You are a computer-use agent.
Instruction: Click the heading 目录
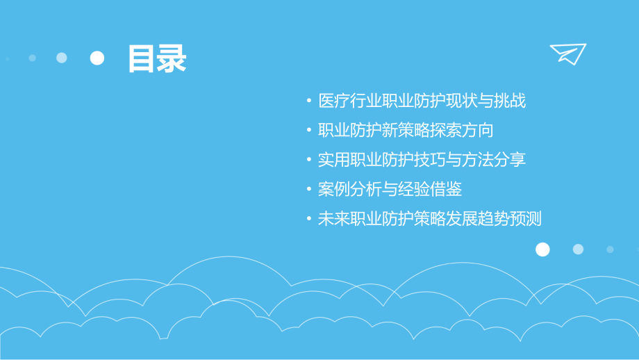[x=156, y=59]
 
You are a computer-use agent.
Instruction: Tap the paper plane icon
[x=567, y=54]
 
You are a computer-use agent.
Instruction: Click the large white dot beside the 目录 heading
[x=97, y=58]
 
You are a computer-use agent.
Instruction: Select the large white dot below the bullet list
[x=542, y=249]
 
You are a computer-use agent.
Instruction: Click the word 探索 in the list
[x=450, y=131]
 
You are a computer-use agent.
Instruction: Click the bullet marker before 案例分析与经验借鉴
[x=309, y=190]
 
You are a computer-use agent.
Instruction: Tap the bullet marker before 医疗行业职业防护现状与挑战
[x=309, y=101]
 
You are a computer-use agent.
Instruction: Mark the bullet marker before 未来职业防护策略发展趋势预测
[x=309, y=219]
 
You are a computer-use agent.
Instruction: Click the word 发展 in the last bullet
[x=467, y=219]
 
